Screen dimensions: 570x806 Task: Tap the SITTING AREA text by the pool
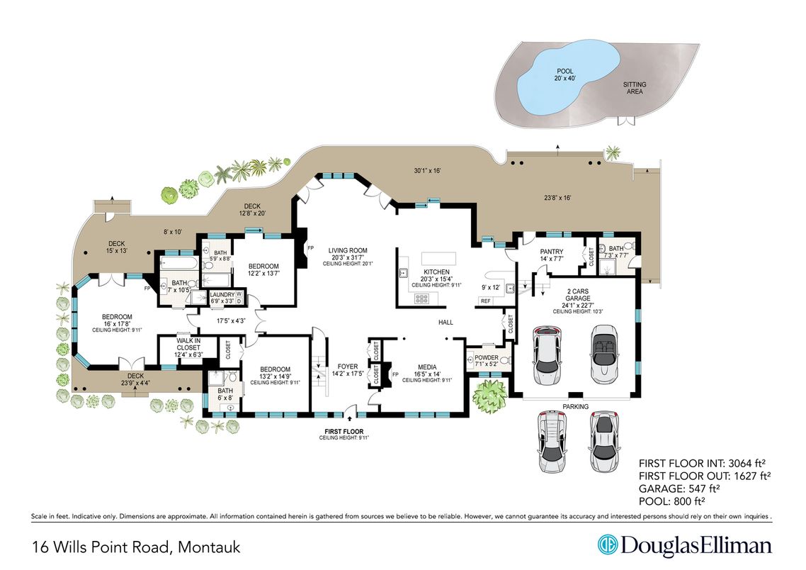(634, 88)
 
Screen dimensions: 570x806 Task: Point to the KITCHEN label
(437, 272)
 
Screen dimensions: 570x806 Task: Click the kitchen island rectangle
(439, 257)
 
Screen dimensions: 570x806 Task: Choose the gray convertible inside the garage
(603, 350)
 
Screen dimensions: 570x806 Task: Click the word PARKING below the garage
(575, 406)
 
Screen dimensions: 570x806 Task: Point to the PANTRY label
(551, 252)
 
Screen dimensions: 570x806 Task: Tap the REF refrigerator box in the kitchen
(486, 301)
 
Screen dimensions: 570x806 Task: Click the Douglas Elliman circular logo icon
(607, 545)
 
